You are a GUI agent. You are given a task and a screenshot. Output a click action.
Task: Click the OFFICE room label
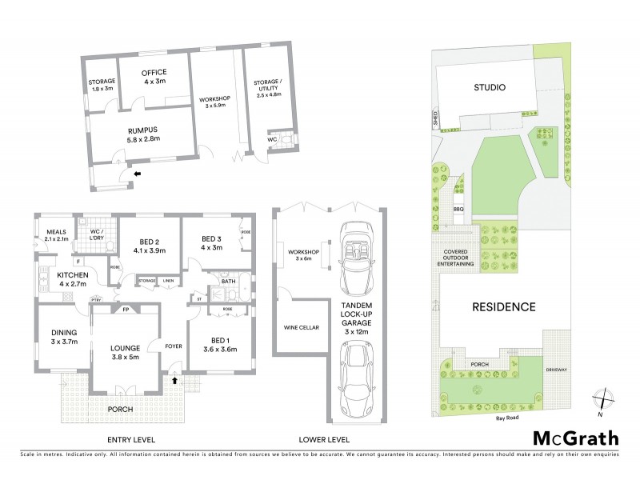tap(154, 73)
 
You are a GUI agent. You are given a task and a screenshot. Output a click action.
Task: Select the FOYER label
tap(174, 346)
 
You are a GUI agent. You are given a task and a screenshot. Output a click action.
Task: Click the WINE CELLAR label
tap(298, 326)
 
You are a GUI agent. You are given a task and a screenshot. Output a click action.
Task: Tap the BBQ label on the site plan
tap(458, 210)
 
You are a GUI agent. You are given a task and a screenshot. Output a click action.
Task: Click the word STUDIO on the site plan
tap(488, 88)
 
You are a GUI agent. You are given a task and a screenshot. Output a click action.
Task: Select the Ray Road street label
tap(507, 417)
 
